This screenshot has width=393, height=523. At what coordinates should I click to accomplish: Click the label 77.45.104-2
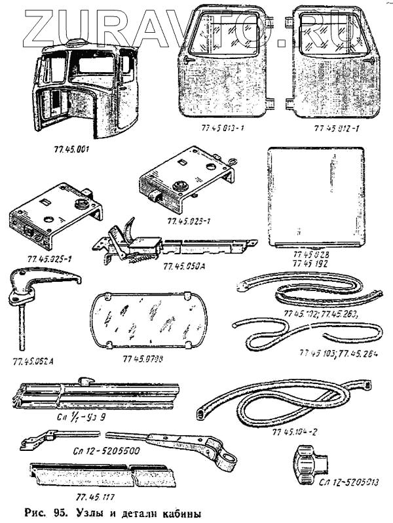coord(297,433)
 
